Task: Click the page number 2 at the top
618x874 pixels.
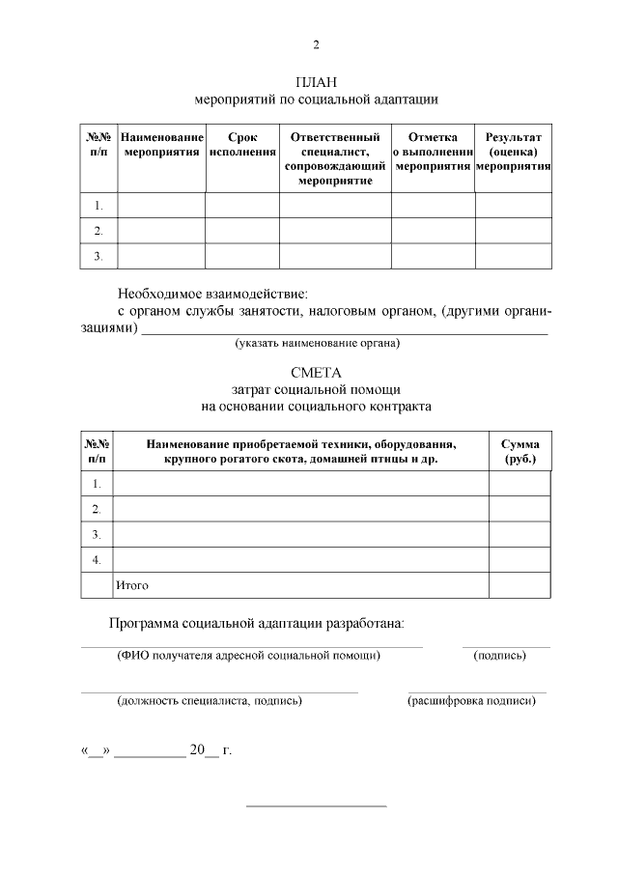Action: pyautogui.click(x=316, y=45)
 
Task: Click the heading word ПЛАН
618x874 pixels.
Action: pyautogui.click(x=316, y=82)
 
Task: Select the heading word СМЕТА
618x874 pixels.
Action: pyautogui.click(x=316, y=373)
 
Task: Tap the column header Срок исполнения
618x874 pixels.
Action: pyautogui.click(x=241, y=145)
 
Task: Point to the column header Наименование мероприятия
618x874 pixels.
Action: pyautogui.click(x=160, y=145)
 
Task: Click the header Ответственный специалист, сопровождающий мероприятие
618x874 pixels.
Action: pyautogui.click(x=335, y=158)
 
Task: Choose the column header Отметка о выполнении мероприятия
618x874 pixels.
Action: pyautogui.click(x=433, y=152)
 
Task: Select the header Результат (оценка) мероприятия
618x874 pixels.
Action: pyautogui.click(x=513, y=152)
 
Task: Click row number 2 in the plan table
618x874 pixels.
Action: pyautogui.click(x=98, y=231)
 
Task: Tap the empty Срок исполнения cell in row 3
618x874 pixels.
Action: pyautogui.click(x=241, y=256)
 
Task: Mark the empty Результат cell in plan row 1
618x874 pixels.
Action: pyautogui.click(x=513, y=205)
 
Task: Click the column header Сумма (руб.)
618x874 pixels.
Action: pyautogui.click(x=520, y=451)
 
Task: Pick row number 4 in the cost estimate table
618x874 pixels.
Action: pyautogui.click(x=97, y=559)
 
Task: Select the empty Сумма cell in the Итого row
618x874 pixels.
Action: pyautogui.click(x=520, y=585)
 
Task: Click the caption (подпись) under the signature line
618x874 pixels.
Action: pyautogui.click(x=499, y=656)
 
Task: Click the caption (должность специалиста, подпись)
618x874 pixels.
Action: pyautogui.click(x=210, y=701)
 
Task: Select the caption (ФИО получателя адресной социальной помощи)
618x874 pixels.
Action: pyautogui.click(x=248, y=656)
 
